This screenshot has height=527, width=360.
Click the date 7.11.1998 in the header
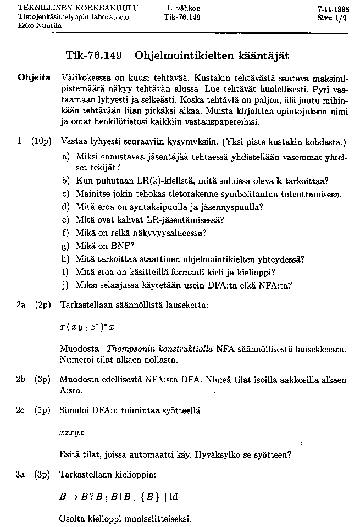pyautogui.click(x=332, y=9)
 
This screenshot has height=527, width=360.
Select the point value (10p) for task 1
pyautogui.click(x=41, y=141)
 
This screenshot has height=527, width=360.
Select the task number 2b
pyautogui.click(x=22, y=379)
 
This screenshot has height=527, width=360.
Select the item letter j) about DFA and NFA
pyautogui.click(x=65, y=285)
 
